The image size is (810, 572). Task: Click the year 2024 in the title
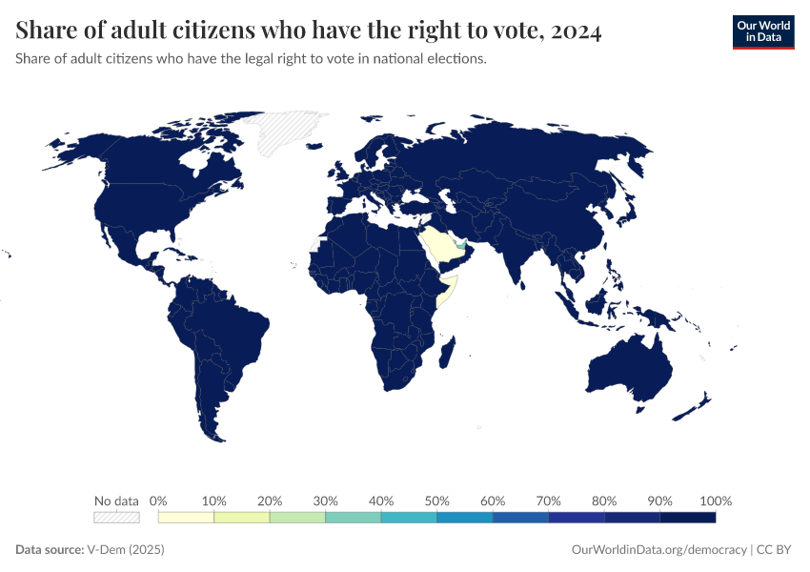575,31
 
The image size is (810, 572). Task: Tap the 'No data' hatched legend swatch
116,518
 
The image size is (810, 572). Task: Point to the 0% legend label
159,500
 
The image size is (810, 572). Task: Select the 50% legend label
436,500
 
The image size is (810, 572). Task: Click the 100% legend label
715,500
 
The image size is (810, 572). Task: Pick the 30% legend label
326,500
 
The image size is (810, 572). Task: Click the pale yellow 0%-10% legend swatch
187,518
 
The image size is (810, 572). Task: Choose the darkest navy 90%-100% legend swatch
687,518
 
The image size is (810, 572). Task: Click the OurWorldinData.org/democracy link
658,550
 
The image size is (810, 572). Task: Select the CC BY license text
776,550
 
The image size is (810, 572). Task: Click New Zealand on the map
696,407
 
